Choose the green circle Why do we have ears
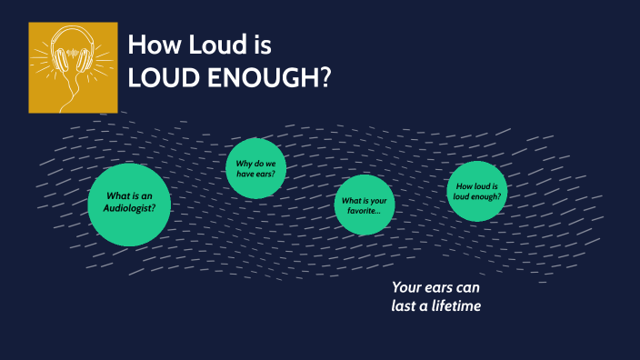[x=255, y=167]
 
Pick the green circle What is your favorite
[x=364, y=205]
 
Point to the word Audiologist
[x=130, y=209]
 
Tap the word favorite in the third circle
[x=358, y=211]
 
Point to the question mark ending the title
[x=324, y=78]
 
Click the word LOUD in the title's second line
[x=159, y=78]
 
